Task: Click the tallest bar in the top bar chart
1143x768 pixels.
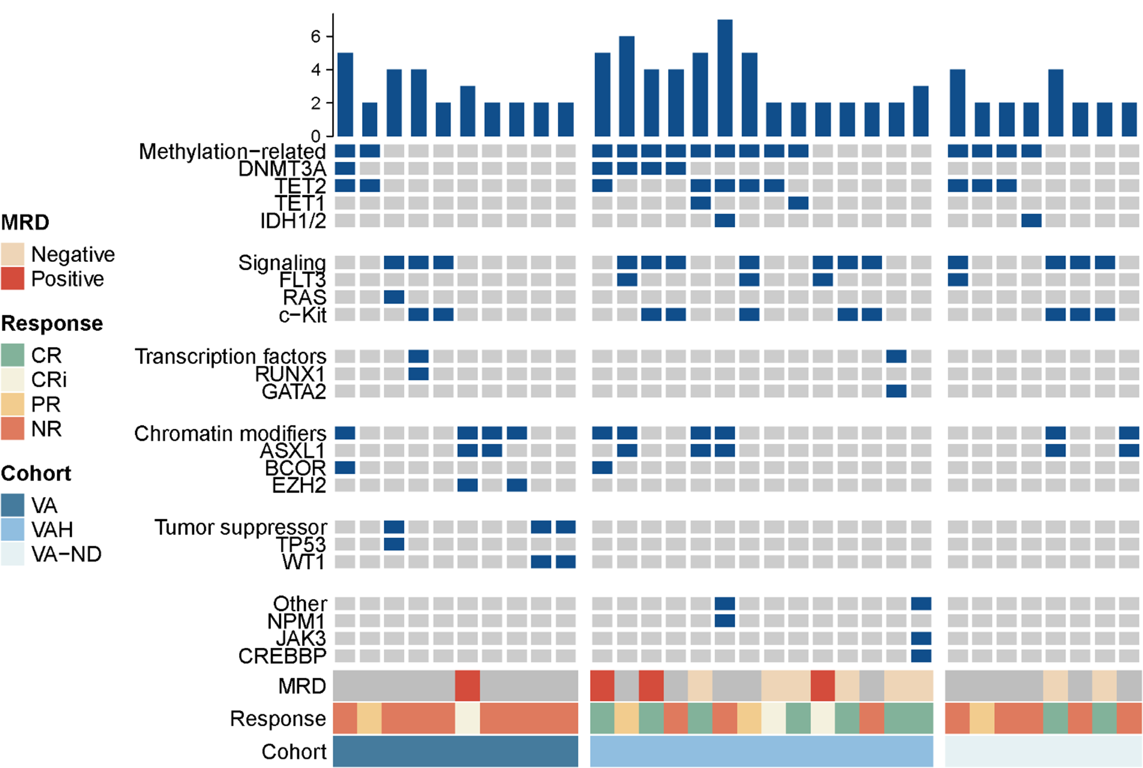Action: (x=725, y=78)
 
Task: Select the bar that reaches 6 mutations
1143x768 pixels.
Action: (x=627, y=86)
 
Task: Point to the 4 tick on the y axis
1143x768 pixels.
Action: (x=316, y=70)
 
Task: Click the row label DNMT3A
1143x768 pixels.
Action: (x=282, y=169)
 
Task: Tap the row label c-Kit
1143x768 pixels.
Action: (x=303, y=315)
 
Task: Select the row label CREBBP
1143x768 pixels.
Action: (x=282, y=656)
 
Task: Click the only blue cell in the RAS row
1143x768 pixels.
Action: (x=394, y=297)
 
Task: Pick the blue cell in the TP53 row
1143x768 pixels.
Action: (x=394, y=544)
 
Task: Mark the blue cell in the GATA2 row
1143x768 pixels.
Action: (x=896, y=391)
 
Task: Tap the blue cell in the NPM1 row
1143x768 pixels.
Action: (x=725, y=621)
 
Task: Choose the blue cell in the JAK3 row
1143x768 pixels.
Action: (x=921, y=638)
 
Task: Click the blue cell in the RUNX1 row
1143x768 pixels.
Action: (x=418, y=374)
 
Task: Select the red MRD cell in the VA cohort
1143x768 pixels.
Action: (x=467, y=686)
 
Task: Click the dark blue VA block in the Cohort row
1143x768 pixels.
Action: (x=456, y=751)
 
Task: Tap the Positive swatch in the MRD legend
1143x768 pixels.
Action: (x=13, y=279)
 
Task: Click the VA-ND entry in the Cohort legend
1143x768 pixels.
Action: (x=66, y=554)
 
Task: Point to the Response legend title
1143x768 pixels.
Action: (x=52, y=323)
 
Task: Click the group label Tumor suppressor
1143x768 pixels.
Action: (x=240, y=527)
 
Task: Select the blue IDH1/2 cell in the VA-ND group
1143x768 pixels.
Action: (x=1031, y=220)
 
